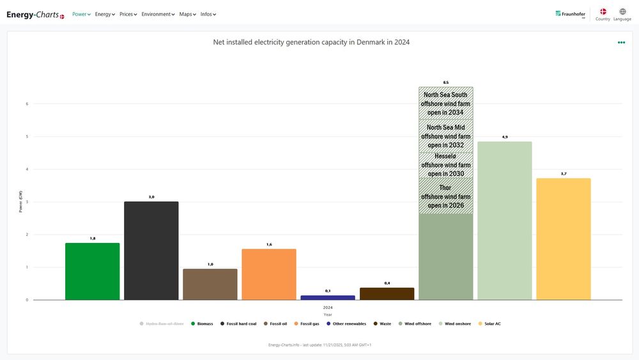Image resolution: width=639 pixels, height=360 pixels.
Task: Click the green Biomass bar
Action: [92, 271]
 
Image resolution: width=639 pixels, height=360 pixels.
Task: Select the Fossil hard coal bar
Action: [151, 251]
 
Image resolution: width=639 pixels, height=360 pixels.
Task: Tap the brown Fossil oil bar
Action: [210, 284]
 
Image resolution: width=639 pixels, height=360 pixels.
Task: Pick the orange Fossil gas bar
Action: [268, 274]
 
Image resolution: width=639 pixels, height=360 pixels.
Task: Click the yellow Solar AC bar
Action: [563, 239]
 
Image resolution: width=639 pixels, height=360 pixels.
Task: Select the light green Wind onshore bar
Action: [504, 221]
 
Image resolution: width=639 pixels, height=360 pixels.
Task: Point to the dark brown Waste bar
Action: [387, 293]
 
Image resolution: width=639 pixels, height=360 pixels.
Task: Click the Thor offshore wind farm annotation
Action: [445, 196]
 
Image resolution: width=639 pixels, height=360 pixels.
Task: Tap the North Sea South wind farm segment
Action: [445, 103]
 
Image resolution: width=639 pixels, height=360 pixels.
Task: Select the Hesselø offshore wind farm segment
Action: [445, 165]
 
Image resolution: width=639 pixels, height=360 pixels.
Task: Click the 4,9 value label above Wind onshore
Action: [504, 137]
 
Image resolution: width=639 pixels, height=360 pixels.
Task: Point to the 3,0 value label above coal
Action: [151, 197]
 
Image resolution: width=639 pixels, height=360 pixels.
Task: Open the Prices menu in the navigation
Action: [128, 14]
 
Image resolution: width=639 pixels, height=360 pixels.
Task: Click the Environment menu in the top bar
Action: [158, 14]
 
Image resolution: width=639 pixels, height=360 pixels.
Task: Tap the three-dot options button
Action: [621, 43]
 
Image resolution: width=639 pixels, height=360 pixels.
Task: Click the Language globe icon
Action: [622, 12]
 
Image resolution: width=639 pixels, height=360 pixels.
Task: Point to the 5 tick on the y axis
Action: [27, 136]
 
